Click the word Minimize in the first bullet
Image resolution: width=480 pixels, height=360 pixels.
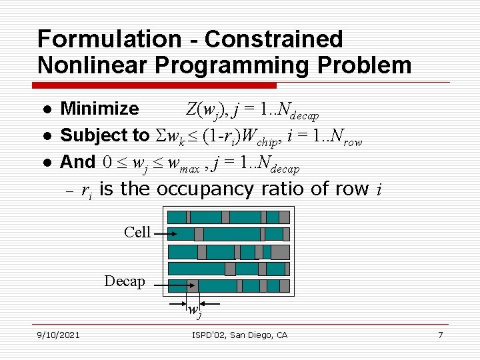pos(99,109)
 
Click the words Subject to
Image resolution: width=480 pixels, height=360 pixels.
pos(105,135)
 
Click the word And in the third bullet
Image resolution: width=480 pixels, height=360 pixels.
pos(78,162)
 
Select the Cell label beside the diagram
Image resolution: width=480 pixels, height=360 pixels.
pos(137,232)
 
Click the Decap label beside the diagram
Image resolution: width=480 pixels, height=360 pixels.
pos(125,281)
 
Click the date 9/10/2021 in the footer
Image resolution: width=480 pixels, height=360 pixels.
pos(58,335)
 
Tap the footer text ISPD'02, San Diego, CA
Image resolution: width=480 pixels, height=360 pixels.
pos(239,335)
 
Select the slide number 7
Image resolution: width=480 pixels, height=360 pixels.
pos(440,335)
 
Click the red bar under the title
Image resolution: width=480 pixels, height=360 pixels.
pos(157,85)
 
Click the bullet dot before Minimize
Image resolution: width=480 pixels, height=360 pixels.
pos(44,109)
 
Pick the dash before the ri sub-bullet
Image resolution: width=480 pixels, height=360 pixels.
pos(68,191)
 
